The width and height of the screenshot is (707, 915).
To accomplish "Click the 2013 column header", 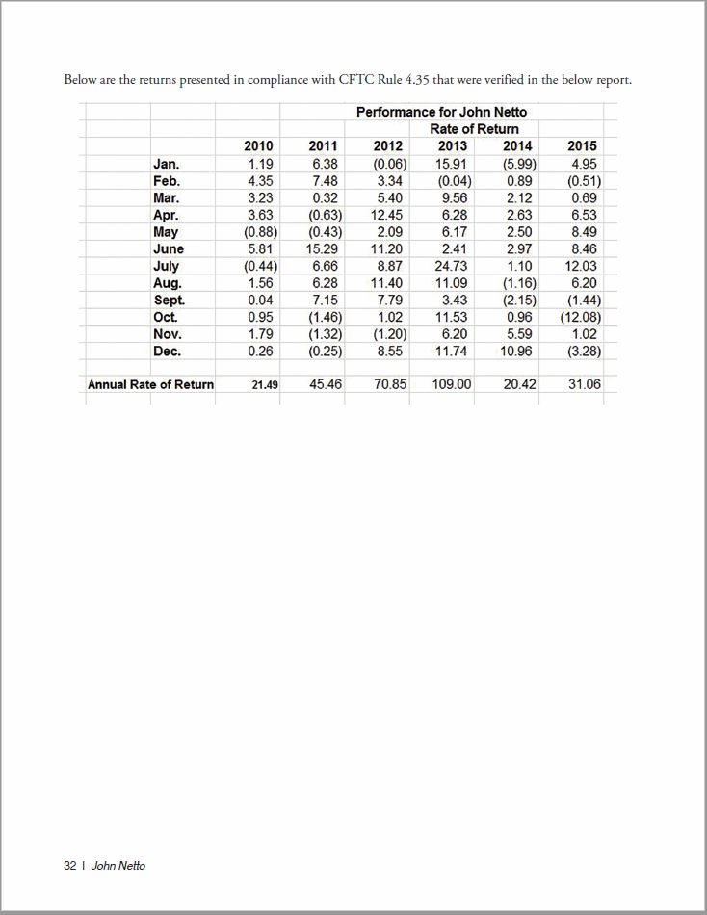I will pyautogui.click(x=452, y=146).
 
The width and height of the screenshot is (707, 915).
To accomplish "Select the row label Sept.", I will pyautogui.click(x=169, y=300).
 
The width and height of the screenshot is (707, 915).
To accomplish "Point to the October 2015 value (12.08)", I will pyautogui.click(x=581, y=317).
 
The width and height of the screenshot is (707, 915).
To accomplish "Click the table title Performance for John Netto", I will pyautogui.click(x=441, y=112).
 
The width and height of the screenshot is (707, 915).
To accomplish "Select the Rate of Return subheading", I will pyautogui.click(x=474, y=129).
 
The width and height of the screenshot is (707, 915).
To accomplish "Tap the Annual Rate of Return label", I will pyautogui.click(x=150, y=385).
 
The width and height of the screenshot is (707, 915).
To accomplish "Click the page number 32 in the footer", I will pyautogui.click(x=69, y=866).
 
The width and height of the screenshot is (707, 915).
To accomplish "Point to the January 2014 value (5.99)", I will pyautogui.click(x=516, y=164).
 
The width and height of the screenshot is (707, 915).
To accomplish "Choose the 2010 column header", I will pyautogui.click(x=258, y=146).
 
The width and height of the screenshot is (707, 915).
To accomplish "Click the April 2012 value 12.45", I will pyautogui.click(x=386, y=215).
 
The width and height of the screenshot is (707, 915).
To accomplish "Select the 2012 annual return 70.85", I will pyautogui.click(x=389, y=384).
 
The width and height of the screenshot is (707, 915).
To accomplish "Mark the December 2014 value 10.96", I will pyautogui.click(x=517, y=351).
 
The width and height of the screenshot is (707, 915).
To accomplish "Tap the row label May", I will pyautogui.click(x=165, y=232).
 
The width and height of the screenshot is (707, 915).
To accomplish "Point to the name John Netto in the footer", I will pyautogui.click(x=118, y=866).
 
